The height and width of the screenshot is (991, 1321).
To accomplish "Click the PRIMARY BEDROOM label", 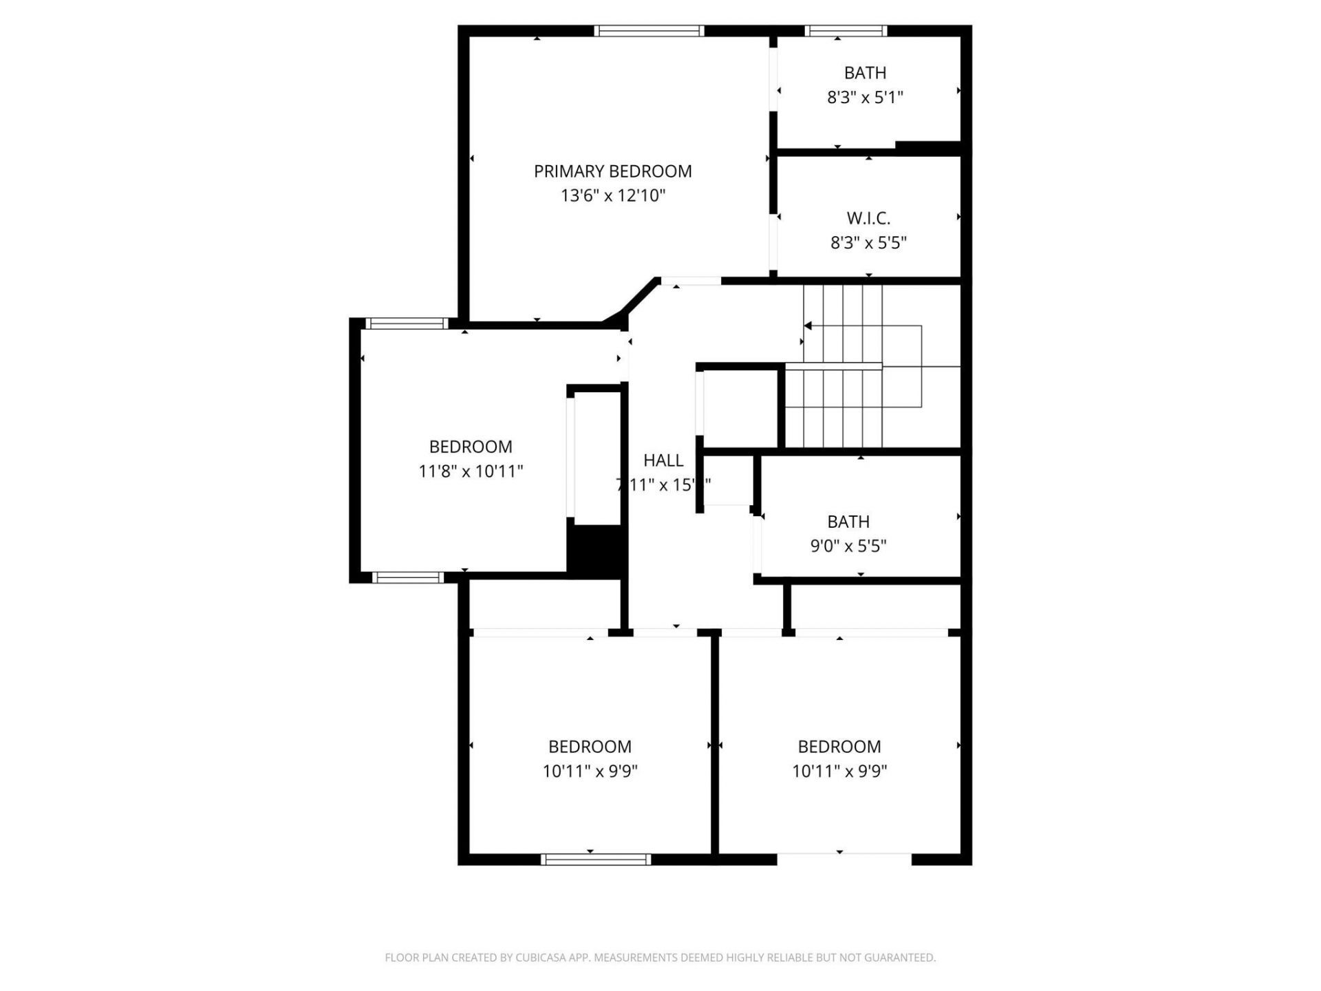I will (612, 171).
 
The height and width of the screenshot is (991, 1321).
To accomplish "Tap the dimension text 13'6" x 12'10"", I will (612, 196).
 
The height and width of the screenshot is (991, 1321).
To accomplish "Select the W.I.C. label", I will (868, 219).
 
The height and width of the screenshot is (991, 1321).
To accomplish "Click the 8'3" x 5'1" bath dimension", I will (865, 98).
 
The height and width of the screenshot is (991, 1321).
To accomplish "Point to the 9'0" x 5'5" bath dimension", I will (848, 546).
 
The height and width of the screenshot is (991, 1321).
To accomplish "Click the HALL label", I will (663, 460).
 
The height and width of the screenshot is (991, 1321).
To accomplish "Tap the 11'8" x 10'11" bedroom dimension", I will (471, 472).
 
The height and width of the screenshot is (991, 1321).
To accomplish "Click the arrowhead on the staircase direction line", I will (808, 326).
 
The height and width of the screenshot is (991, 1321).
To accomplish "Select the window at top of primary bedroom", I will (649, 31).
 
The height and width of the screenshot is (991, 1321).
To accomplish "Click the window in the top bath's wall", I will (846, 31).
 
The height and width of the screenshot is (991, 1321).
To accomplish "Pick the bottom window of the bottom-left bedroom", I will (595, 859).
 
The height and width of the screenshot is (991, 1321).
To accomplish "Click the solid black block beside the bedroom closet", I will (595, 551).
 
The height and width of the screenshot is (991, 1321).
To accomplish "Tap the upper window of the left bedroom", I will (407, 323).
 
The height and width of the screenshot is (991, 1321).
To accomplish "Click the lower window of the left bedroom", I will (408, 577).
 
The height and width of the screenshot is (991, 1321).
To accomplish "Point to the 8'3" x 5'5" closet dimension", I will (868, 243).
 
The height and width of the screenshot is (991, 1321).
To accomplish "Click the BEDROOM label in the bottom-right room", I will (839, 747).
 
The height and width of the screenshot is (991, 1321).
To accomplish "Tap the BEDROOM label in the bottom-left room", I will (590, 747).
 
